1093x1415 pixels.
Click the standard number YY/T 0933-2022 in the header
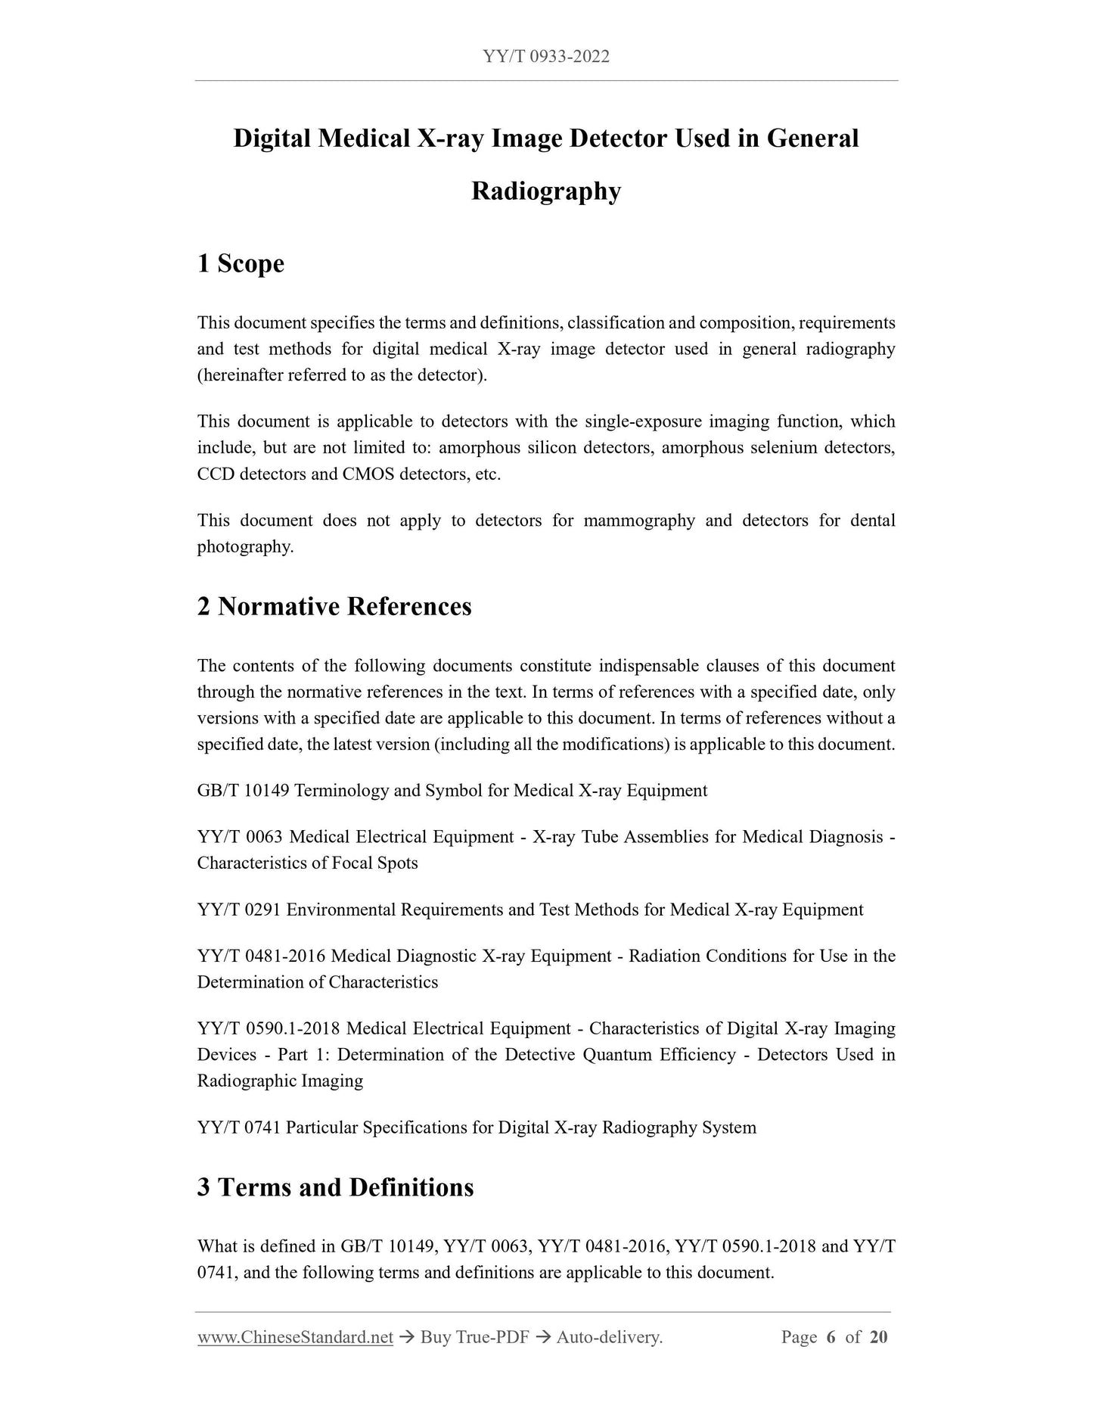[545, 57]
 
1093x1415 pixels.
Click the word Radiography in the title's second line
[545, 191]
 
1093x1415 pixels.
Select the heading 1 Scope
[241, 264]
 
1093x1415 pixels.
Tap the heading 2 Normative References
[334, 607]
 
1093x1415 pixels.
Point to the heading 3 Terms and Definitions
[335, 1187]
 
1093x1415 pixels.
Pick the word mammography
[638, 521]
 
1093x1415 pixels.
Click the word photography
[244, 547]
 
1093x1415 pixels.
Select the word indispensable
[647, 666]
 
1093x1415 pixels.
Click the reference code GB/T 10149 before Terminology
[243, 791]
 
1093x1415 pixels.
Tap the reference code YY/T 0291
[239, 910]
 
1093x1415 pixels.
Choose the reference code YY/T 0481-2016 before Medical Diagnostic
[261, 956]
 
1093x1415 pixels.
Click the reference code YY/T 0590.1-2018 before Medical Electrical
[269, 1029]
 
